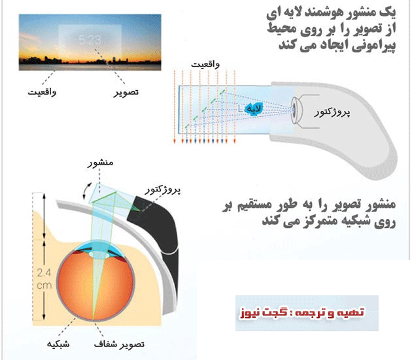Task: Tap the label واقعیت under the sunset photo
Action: pos(41,92)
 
